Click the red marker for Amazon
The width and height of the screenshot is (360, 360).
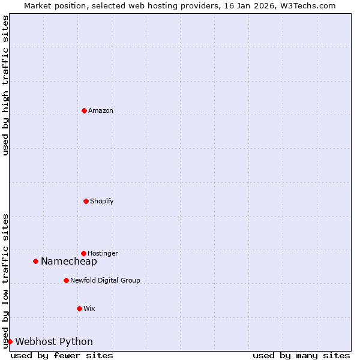[84, 110]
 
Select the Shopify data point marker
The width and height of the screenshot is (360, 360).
[86, 201]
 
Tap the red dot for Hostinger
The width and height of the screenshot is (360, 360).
[83, 253]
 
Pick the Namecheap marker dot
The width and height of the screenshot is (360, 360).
[35, 261]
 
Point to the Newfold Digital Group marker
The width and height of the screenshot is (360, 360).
[66, 280]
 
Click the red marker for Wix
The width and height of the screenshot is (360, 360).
[79, 308]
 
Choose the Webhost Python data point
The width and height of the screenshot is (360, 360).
[10, 341]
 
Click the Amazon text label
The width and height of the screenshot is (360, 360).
[101, 111]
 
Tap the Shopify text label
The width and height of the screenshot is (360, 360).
[102, 202]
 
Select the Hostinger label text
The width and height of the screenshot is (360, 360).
[103, 254]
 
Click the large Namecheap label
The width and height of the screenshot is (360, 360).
[69, 262]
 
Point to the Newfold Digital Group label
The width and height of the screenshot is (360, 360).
[105, 281]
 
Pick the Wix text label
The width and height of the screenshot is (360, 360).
[89, 309]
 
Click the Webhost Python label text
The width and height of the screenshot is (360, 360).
[54, 342]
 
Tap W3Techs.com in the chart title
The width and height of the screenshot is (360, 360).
[310, 6]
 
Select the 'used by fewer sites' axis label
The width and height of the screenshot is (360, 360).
[62, 356]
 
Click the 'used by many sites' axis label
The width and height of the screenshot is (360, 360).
[301, 356]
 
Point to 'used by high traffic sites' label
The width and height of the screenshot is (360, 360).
[6, 85]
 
